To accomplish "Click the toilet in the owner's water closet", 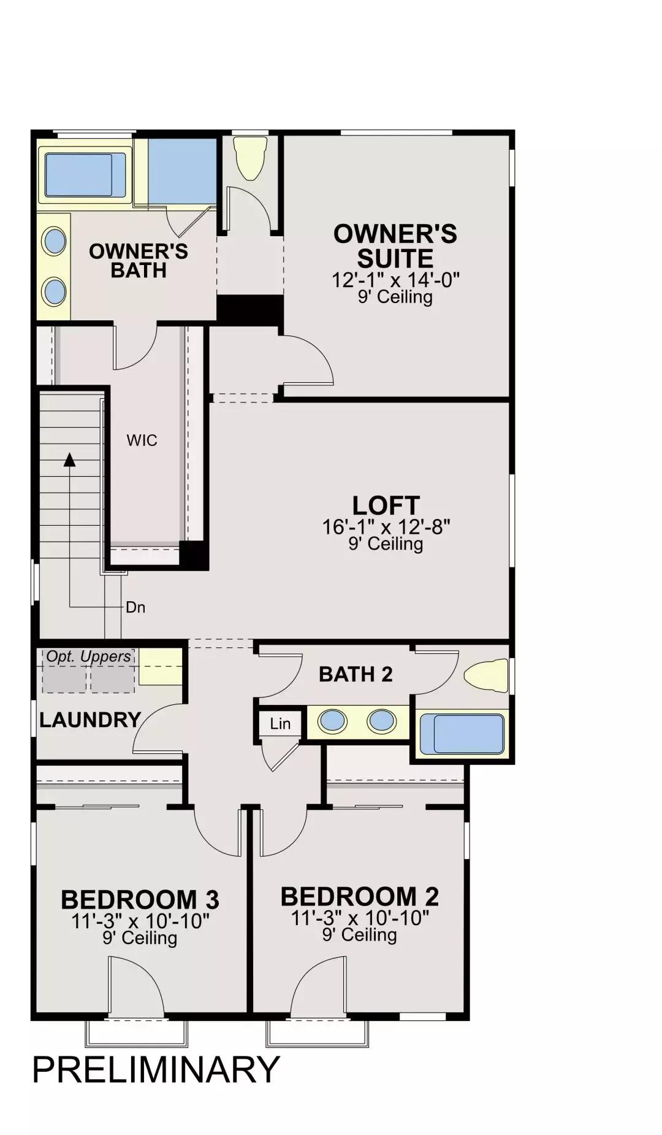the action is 251,158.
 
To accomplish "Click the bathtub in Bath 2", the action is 463,733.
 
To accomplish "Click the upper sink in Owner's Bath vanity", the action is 55,241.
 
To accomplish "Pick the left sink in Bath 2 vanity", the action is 333,721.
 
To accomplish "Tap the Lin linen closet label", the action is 280,724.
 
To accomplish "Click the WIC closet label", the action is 142,440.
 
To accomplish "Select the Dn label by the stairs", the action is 135,607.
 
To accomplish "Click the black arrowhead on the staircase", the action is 70,460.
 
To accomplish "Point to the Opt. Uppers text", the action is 89,656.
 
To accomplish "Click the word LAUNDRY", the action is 90,720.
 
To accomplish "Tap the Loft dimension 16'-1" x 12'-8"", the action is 386,526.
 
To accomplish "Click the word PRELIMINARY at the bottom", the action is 156,1069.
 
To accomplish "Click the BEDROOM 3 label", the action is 140,899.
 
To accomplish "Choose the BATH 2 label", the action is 356,674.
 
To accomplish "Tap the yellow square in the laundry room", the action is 161,666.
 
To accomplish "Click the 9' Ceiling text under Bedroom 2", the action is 360,934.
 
